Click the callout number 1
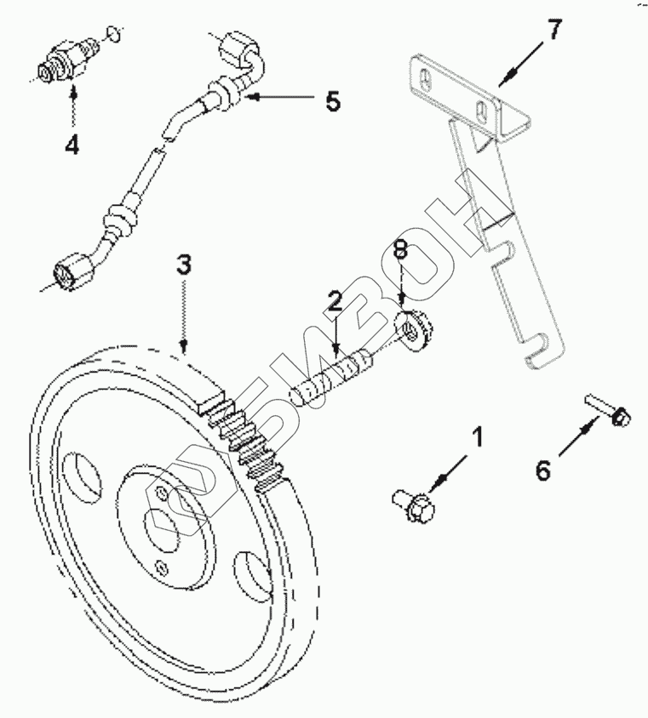478,437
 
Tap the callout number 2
335,299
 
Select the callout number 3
183,264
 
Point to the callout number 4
72,145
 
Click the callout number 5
332,102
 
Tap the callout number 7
553,31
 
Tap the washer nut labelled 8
416,330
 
